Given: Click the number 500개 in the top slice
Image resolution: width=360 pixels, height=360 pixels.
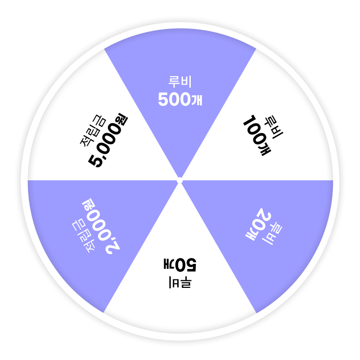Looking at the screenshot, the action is (180, 100).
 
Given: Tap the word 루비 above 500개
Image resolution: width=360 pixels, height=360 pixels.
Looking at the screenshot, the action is (180, 82).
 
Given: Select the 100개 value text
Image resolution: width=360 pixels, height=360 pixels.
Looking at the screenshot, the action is (257, 135).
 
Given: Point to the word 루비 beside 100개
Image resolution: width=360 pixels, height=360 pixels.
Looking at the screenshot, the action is (274, 127).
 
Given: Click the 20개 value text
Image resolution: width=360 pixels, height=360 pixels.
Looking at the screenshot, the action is (258, 224).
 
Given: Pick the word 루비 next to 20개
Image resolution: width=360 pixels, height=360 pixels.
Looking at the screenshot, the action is (272, 233).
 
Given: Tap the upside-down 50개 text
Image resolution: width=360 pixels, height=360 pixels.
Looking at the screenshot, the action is (180, 264).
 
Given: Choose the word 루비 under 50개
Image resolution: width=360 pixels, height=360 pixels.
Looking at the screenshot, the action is (180, 282).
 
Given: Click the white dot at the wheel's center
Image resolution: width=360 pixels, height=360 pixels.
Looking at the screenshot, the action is (180, 180).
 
